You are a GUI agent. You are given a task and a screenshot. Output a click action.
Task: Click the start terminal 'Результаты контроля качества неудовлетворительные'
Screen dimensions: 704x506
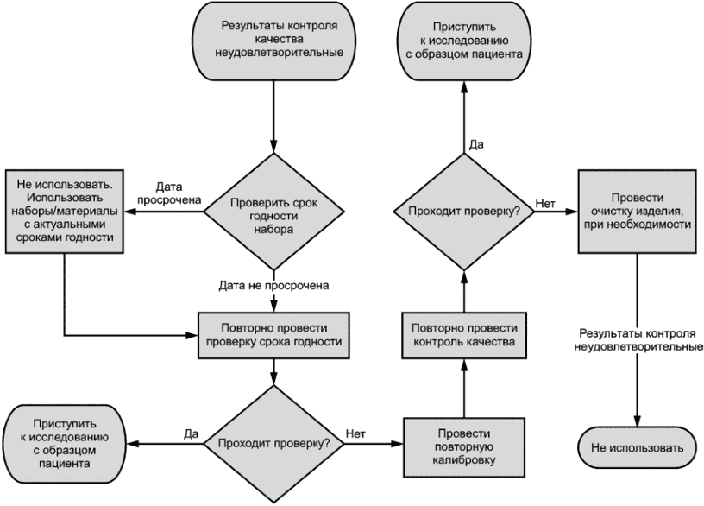point(273,41)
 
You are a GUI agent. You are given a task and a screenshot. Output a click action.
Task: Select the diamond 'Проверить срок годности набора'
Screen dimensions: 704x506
point(273,212)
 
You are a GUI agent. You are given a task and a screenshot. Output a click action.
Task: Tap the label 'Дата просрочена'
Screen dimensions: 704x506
point(169,193)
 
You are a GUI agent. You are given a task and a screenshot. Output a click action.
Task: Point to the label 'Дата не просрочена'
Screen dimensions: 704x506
point(273,285)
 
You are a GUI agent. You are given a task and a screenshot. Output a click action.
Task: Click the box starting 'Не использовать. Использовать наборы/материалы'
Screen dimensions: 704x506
point(64,212)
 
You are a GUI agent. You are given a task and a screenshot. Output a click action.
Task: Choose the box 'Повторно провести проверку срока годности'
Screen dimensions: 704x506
point(273,335)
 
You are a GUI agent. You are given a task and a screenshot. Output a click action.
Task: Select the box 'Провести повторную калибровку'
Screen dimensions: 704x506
point(464,447)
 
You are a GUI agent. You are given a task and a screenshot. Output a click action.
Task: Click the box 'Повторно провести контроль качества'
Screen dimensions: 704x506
point(464,335)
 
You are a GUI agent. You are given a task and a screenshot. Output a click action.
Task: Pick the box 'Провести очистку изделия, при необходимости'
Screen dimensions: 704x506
point(637,212)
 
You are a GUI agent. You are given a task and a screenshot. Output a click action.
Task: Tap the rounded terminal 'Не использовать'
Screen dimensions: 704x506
point(637,447)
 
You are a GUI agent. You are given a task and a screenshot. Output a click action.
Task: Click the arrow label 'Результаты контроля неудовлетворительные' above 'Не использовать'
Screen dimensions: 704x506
point(638,340)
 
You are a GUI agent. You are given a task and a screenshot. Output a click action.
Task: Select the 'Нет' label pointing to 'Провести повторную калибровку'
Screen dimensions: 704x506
point(355,433)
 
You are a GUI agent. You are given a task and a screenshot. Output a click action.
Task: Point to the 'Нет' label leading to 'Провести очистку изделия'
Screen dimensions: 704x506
point(545,204)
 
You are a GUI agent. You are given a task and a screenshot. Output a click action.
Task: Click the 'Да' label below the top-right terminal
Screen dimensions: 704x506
point(476,144)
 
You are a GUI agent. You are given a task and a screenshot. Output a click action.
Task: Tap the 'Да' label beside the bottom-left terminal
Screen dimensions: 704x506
point(191,433)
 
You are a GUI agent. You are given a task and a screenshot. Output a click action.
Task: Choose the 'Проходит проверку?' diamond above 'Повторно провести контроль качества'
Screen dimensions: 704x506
point(464,212)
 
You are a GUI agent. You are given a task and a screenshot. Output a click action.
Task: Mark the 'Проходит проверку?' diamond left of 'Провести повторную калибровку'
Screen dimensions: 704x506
point(273,444)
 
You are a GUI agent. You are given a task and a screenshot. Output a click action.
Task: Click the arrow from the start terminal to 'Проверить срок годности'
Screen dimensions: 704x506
point(273,117)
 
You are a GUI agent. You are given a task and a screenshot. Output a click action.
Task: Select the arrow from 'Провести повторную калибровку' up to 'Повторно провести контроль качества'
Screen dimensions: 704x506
point(464,389)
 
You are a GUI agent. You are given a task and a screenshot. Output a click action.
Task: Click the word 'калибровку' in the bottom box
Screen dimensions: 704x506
point(464,460)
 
